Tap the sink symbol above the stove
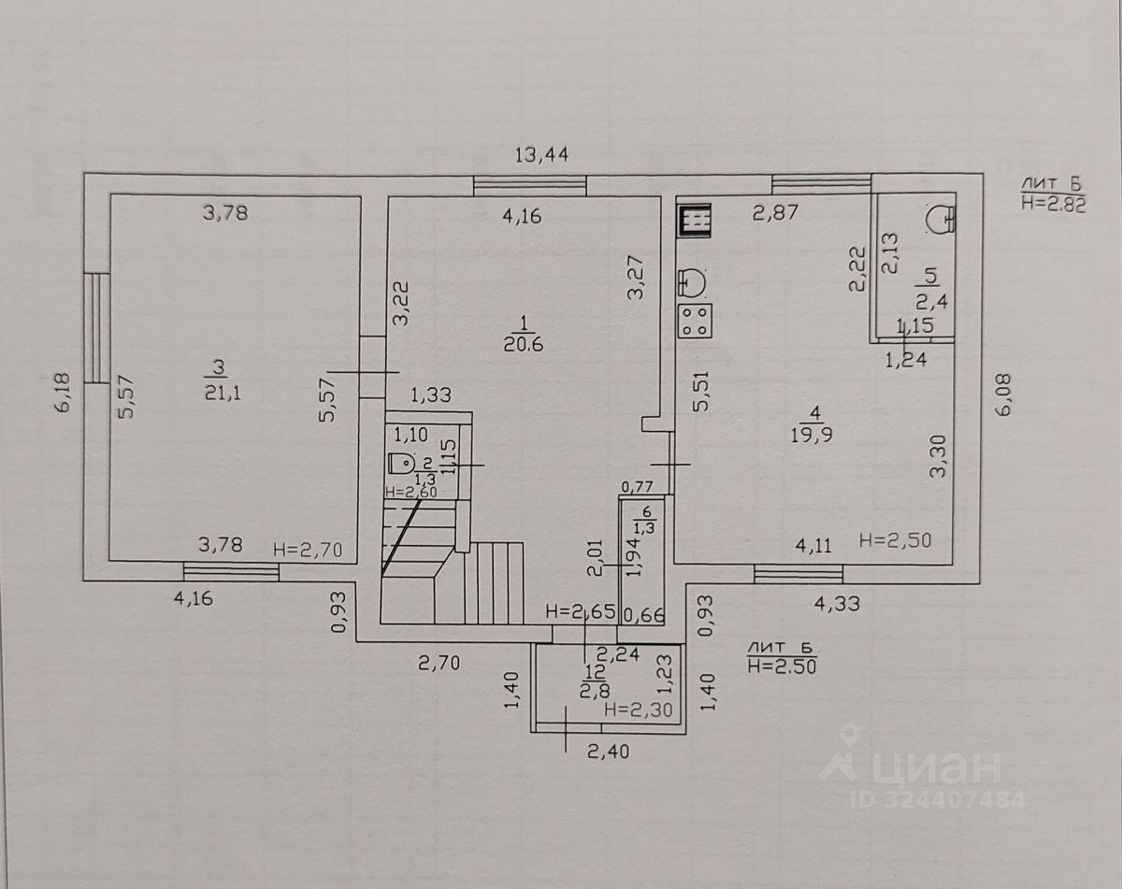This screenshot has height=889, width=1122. coord(693,280)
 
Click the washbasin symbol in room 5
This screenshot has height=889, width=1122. coord(939,217)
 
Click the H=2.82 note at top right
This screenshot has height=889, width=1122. coord(1053,207)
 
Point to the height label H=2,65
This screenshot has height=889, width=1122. coord(580,612)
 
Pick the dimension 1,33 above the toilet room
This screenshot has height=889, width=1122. coord(430,396)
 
